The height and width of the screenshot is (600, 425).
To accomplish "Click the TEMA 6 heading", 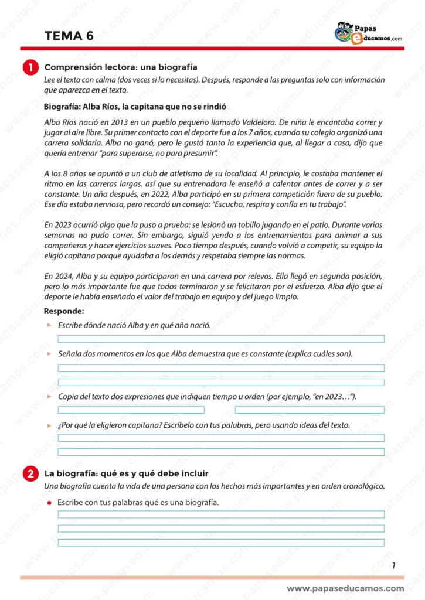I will [69, 36].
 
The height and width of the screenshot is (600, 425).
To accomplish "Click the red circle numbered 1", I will [30, 68].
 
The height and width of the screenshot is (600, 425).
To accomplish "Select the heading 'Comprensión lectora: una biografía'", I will [121, 67].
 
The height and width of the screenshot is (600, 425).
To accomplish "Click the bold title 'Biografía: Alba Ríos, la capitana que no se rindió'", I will [135, 107].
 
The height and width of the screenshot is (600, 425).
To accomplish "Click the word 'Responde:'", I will [64, 311].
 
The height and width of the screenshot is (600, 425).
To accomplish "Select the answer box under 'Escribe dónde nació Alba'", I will [221, 339].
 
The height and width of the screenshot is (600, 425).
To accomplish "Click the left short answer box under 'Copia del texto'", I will [131, 410].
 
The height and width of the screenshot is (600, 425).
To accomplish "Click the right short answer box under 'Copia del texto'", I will [310, 410].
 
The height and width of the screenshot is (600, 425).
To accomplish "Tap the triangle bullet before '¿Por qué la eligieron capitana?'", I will [49, 425].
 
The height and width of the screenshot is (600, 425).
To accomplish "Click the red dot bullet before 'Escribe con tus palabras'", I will [49, 503].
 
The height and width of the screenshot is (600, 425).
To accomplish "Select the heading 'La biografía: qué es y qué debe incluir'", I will [126, 473].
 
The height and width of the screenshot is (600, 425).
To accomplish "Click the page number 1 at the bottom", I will [393, 565].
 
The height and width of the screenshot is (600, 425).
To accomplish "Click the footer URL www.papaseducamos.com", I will [345, 588].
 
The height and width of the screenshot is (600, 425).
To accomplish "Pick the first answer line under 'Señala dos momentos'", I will [221, 368].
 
